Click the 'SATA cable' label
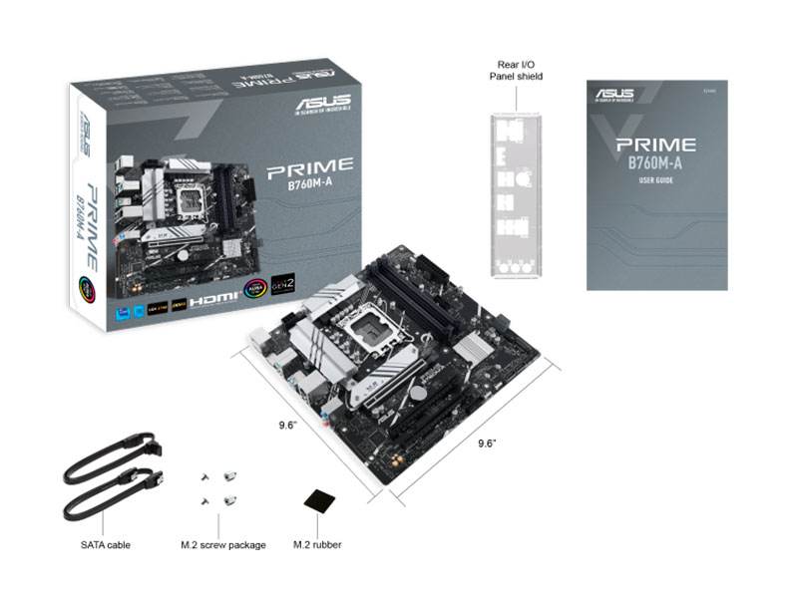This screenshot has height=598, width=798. [x=105, y=545]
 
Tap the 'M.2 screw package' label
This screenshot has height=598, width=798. [x=222, y=545]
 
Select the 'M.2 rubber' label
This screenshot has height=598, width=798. [x=317, y=545]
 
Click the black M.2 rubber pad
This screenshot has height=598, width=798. [x=318, y=501]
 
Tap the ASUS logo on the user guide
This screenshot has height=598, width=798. [x=616, y=97]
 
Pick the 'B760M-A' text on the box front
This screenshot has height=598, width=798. [x=309, y=185]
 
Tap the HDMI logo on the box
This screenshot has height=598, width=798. [x=214, y=298]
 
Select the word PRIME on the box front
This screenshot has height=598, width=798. [x=308, y=166]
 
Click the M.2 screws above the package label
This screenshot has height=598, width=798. [x=218, y=487]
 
